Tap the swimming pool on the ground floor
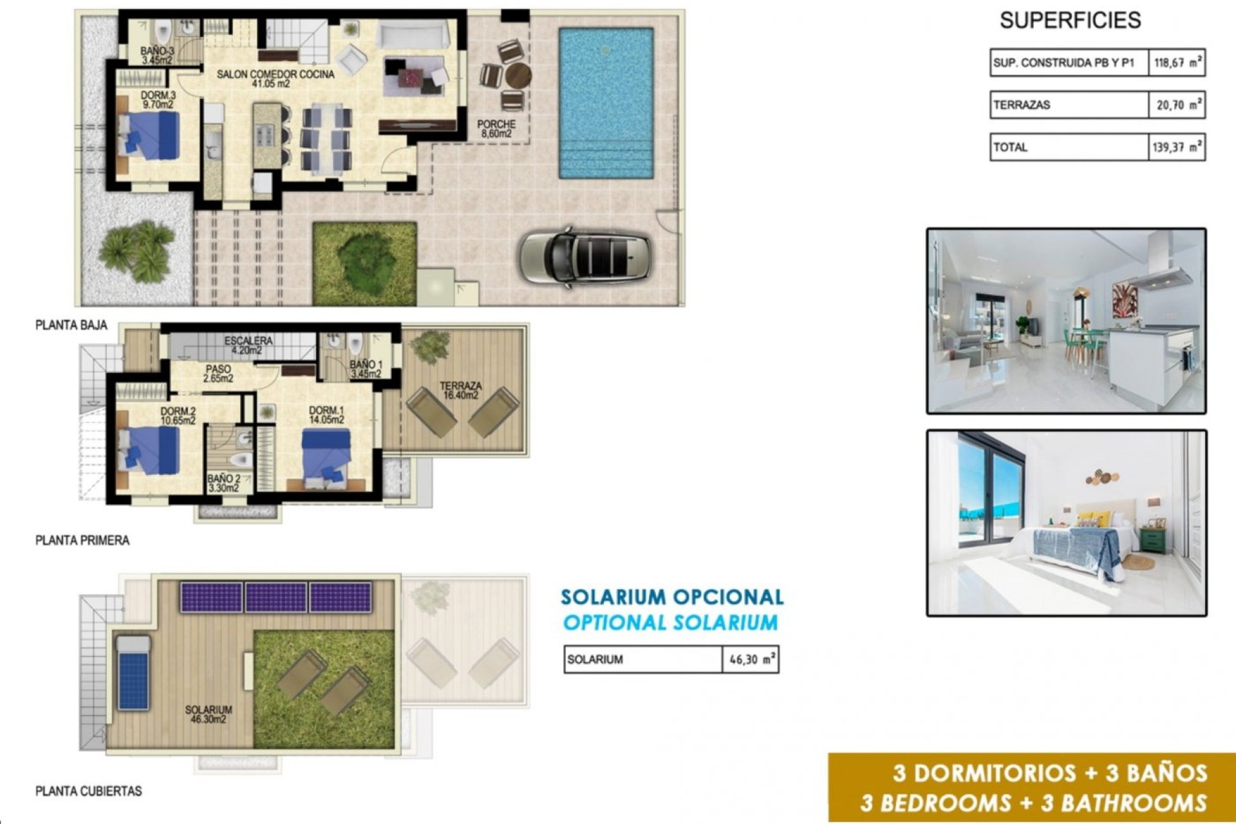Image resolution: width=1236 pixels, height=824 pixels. (606, 103)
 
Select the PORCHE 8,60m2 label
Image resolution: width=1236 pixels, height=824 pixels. (496, 129)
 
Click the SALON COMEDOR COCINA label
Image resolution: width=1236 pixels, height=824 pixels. (275, 79)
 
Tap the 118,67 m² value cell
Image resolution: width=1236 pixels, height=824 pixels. (1176, 63)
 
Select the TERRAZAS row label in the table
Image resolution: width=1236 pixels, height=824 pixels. (1022, 105)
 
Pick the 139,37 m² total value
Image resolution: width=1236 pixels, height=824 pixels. (1176, 147)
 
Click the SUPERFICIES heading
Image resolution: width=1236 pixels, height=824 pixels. (1070, 21)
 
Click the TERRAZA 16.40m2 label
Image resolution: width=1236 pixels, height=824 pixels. (460, 391)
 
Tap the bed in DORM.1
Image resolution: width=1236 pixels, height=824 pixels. (327, 455)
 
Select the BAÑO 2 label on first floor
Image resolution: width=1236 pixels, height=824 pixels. (223, 483)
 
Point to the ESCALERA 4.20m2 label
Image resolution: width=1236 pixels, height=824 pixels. (248, 345)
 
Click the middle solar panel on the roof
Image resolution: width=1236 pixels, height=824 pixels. (276, 597)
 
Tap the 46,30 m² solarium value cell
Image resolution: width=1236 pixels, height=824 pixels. (751, 660)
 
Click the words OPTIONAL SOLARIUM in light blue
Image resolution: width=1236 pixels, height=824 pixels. (670, 623)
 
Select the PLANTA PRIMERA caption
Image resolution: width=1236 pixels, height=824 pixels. (82, 541)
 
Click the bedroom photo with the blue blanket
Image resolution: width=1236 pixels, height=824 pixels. (1066, 523)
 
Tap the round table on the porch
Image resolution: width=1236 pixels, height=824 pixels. (518, 76)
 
